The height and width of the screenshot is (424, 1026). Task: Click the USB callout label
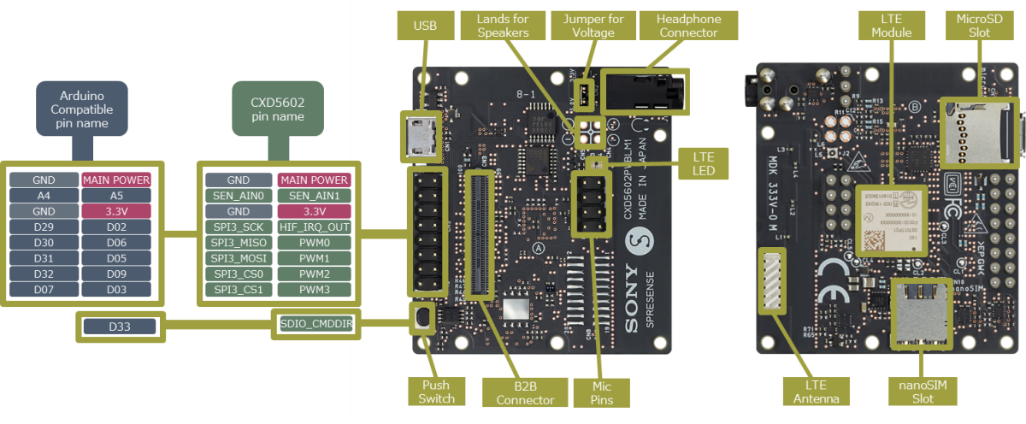coord(424,26)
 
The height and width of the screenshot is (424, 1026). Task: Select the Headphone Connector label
coord(688,26)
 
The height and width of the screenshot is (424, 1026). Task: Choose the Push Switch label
coord(437,392)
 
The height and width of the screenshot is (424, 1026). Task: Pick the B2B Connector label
coord(525,392)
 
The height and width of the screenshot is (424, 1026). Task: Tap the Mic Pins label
coord(601,392)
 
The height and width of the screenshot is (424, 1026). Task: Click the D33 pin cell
coord(119,326)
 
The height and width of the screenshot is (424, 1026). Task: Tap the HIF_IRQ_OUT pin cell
coord(314,227)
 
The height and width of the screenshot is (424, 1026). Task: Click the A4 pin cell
coord(44,195)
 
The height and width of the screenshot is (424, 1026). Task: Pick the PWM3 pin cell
coord(314,290)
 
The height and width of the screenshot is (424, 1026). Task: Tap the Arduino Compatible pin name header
coord(81,109)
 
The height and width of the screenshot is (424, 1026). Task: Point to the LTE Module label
coord(891,26)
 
